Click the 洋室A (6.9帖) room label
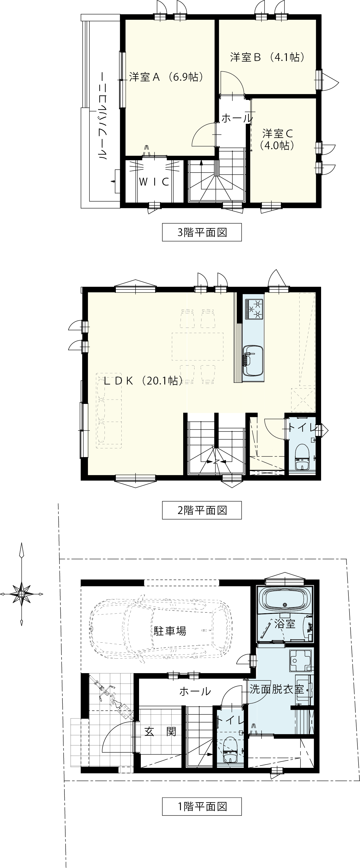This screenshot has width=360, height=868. pyautogui.click(x=167, y=77)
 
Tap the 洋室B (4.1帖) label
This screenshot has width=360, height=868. pyautogui.click(x=268, y=57)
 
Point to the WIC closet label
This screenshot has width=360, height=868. pyautogui.click(x=154, y=182)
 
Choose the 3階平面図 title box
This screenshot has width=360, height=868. pyautogui.click(x=202, y=232)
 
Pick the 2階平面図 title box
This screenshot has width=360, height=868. pyautogui.click(x=202, y=510)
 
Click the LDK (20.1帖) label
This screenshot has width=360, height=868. pyautogui.click(x=143, y=381)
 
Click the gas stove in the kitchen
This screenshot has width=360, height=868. pyautogui.click(x=254, y=309)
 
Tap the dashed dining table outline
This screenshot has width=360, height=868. pyautogui.click(x=197, y=347)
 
